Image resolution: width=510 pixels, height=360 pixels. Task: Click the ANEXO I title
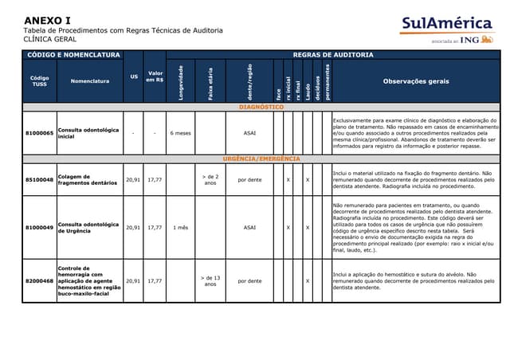point(47,20)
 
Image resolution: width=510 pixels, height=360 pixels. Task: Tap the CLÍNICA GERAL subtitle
point(49,39)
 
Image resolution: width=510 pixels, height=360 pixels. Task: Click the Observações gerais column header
point(415,80)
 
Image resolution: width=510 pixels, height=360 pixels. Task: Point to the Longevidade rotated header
point(182,81)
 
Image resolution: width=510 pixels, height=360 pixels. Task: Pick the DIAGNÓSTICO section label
point(261,107)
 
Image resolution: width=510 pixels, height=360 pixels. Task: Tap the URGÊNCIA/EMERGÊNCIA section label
point(261,158)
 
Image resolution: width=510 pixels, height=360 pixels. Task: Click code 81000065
point(39,133)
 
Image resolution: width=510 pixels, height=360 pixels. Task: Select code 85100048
point(39,180)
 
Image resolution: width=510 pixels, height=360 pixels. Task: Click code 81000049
point(39,227)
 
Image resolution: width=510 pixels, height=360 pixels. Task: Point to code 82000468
point(39,280)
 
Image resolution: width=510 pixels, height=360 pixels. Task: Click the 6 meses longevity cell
point(181,133)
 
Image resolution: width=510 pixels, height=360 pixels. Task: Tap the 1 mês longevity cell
point(180,227)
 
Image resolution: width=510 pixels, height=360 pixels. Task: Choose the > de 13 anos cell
point(210,280)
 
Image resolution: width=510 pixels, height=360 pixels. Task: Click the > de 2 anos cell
point(210,180)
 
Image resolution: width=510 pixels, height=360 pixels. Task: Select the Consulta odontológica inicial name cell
point(88,133)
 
